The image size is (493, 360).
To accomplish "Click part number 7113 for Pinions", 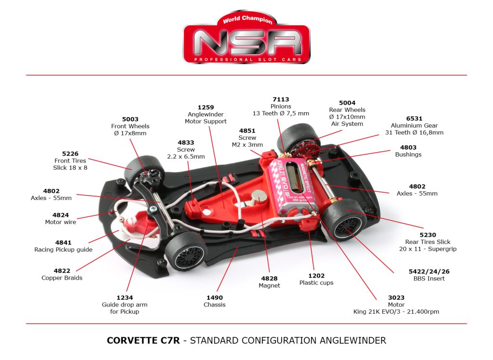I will (281, 99).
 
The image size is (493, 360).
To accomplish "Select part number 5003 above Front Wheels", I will (130, 119).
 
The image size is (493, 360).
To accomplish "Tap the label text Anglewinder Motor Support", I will (206, 118).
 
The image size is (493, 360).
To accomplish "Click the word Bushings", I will (408, 155).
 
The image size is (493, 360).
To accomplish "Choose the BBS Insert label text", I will (429, 279).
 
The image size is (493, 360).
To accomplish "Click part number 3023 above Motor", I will (396, 297).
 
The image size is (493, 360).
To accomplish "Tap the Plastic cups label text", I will (316, 282).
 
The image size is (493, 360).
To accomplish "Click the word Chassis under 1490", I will (215, 305).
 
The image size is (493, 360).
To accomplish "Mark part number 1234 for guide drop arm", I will (124, 297).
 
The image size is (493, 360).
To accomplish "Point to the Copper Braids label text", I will (62, 278).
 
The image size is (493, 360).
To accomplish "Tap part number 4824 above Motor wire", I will (61, 215).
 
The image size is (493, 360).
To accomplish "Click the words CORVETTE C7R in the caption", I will (143, 340).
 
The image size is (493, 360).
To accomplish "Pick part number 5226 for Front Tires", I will (70, 154).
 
